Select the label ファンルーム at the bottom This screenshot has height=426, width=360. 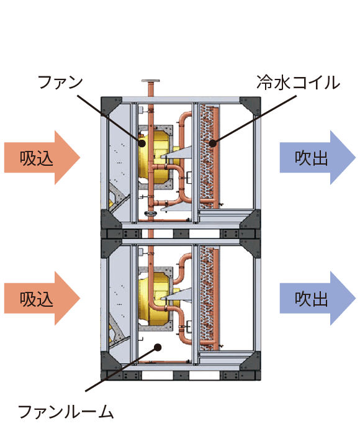click(66, 411)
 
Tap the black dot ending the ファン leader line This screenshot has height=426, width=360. click(142, 142)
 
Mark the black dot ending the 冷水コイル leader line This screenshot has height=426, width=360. click(212, 143)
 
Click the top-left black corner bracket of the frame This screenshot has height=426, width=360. click(110, 105)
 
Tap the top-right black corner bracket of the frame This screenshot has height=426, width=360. click(252, 105)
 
